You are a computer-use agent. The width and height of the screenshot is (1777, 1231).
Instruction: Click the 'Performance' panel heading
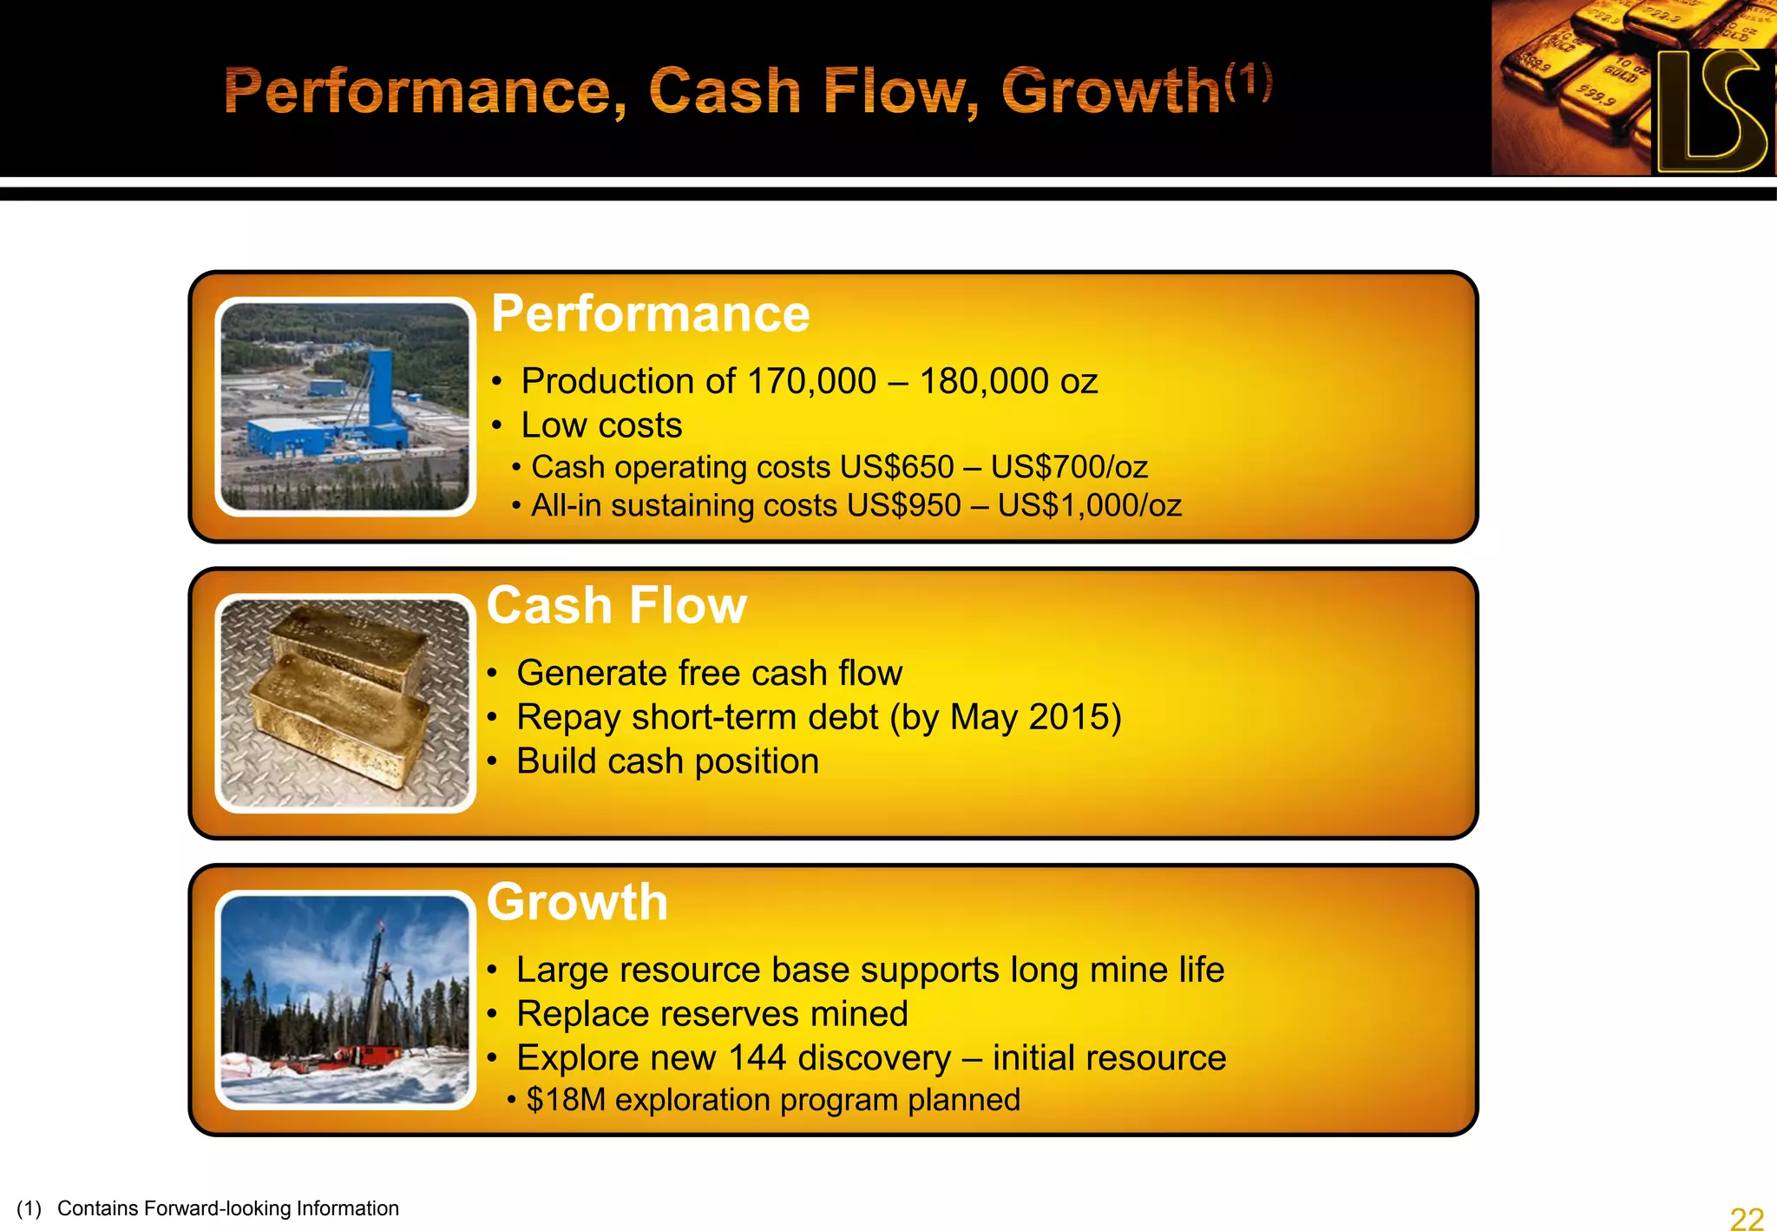point(650,313)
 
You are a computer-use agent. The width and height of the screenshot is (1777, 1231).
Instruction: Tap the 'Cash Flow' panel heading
point(616,605)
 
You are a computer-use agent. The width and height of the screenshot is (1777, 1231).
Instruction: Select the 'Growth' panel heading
point(577,902)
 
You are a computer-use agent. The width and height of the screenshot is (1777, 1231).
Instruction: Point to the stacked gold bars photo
point(344,703)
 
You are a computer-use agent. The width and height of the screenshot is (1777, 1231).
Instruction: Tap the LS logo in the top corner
point(1709,109)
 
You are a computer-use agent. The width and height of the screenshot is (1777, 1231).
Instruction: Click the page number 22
point(1746,1218)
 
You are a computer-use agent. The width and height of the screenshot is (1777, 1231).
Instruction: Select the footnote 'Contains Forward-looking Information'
point(227,1208)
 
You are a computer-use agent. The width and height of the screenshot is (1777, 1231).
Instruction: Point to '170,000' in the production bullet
point(811,382)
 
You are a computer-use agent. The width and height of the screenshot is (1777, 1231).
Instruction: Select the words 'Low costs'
point(601,425)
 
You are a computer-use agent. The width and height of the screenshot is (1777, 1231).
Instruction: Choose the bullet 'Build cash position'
point(666,761)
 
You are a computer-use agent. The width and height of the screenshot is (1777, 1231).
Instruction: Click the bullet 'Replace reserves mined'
point(711,1014)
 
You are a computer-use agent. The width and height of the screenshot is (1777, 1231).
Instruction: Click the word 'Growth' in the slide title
point(1111,92)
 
